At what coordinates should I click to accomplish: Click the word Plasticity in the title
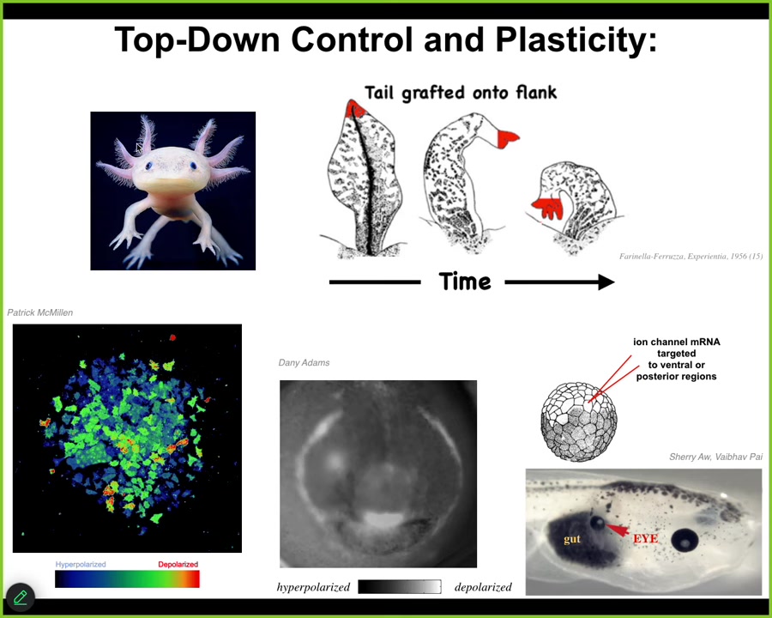(x=576, y=40)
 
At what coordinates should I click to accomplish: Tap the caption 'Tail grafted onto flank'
(x=461, y=93)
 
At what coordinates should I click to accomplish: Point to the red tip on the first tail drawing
(x=354, y=109)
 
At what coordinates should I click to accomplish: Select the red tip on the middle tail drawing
(x=507, y=138)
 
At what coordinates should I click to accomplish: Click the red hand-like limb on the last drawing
(x=548, y=208)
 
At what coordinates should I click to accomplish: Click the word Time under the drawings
(x=465, y=282)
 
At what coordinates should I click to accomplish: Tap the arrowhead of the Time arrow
(x=606, y=282)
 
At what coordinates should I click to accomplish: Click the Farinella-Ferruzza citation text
(x=691, y=257)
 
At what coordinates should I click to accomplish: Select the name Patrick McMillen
(x=39, y=312)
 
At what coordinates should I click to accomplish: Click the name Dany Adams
(x=304, y=363)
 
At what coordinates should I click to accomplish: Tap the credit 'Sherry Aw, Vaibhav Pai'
(x=716, y=457)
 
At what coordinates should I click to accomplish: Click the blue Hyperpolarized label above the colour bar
(x=81, y=564)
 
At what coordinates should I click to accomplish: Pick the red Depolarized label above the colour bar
(x=178, y=564)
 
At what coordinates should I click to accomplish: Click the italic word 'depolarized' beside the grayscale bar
(x=483, y=587)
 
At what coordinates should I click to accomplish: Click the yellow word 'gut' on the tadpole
(x=572, y=539)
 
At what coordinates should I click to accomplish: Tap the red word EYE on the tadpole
(x=645, y=538)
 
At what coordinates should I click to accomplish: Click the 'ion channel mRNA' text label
(x=677, y=342)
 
